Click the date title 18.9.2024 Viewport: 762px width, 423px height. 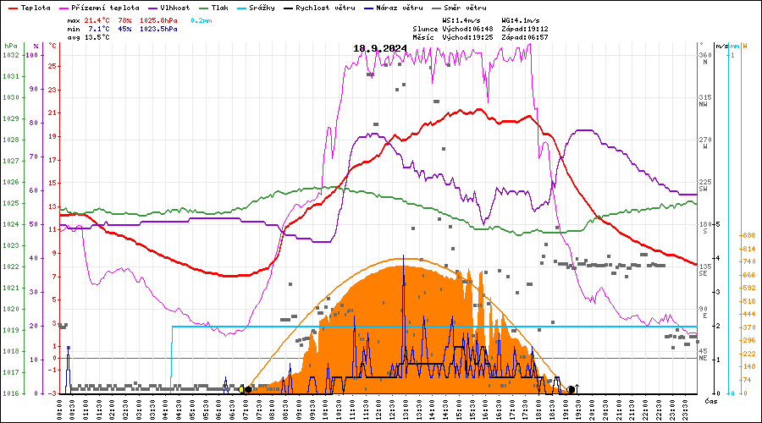pyautogui.click(x=380, y=48)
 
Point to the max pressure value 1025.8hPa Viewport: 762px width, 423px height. pyautogui.click(x=157, y=19)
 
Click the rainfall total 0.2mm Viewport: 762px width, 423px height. pyautogui.click(x=202, y=19)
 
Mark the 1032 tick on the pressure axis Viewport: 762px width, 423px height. pyautogui.click(x=11, y=55)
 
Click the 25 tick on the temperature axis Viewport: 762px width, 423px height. pyautogui.click(x=52, y=65)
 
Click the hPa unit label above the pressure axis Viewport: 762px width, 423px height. pyautogui.click(x=11, y=45)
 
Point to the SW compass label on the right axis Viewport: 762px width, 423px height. pyautogui.click(x=703, y=189)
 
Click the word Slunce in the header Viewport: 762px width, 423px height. pyautogui.click(x=425, y=28)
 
